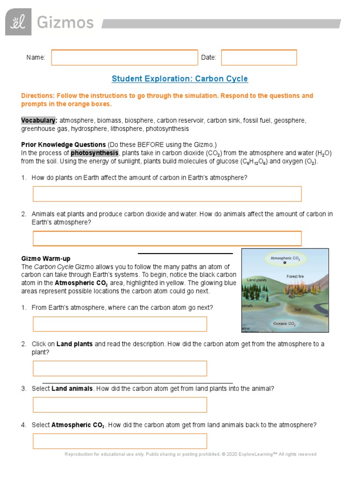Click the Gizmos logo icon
pyautogui.click(x=18, y=22)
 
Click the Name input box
pyautogui.click(x=124, y=58)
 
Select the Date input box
pyautogui.click(x=259, y=58)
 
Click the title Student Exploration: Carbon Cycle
pyautogui.click(x=180, y=79)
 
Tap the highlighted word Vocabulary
pyautogui.click(x=39, y=120)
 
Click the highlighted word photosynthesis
pyautogui.click(x=95, y=153)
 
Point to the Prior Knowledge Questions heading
pyautogui.click(x=63, y=144)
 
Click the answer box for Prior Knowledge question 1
pyautogui.click(x=167, y=194)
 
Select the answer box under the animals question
pyautogui.click(x=167, y=239)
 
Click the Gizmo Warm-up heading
pyautogui.click(x=46, y=258)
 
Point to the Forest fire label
pyautogui.click(x=295, y=277)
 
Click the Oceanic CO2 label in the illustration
pyautogui.click(x=285, y=324)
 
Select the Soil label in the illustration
pyautogui.click(x=298, y=310)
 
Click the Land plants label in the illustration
pyautogui.click(x=256, y=280)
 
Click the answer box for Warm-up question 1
pyautogui.click(x=120, y=324)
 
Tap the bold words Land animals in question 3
pyautogui.click(x=72, y=389)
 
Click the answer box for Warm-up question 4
pyautogui.click(x=120, y=441)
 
